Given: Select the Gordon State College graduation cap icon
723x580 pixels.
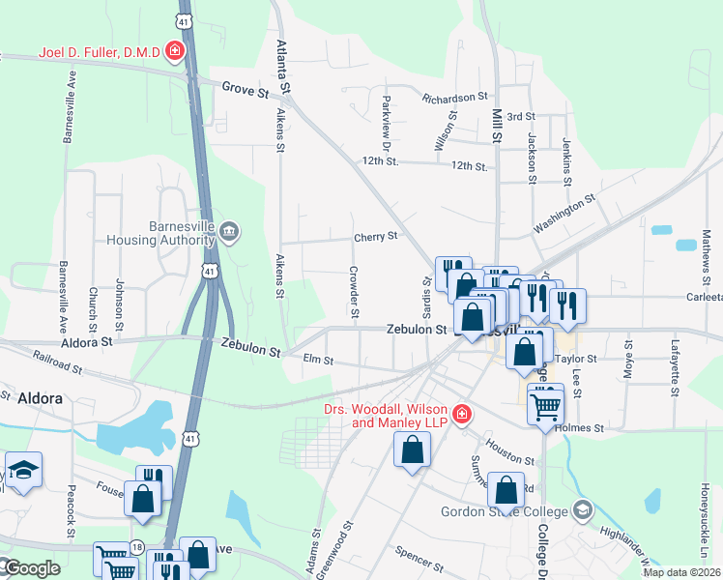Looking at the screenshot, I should pyautogui.click(x=582, y=508).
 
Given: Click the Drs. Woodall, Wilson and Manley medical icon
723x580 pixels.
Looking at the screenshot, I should pyautogui.click(x=462, y=414).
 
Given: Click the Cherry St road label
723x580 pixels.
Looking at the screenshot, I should pyautogui.click(x=376, y=237).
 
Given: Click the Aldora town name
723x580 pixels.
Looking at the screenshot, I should pyautogui.click(x=40, y=398).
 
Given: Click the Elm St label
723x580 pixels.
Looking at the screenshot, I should pyautogui.click(x=318, y=361).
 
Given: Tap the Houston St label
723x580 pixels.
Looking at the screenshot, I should pyautogui.click(x=510, y=451).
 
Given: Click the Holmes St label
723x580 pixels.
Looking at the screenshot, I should pyautogui.click(x=585, y=427).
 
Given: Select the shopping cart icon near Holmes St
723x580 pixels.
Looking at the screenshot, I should pyautogui.click(x=545, y=404).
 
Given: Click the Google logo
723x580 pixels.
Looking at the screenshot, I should pyautogui.click(x=33, y=568).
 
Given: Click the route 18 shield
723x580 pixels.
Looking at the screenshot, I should pyautogui.click(x=138, y=547).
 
